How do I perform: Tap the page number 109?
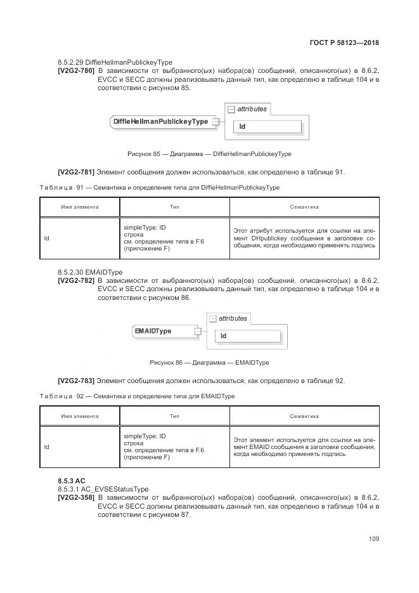373,539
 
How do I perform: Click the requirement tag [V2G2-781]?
76,172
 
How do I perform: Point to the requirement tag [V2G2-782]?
76,280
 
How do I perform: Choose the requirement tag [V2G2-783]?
76,381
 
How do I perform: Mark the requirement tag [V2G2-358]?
76,498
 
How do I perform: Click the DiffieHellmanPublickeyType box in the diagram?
160,121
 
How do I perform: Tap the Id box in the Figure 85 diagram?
267,127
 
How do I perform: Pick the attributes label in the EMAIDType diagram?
233,318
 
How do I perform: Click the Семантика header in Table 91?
304,207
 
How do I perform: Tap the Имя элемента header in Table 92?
79,416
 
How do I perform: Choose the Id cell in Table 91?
47,238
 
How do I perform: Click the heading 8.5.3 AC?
71,481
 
